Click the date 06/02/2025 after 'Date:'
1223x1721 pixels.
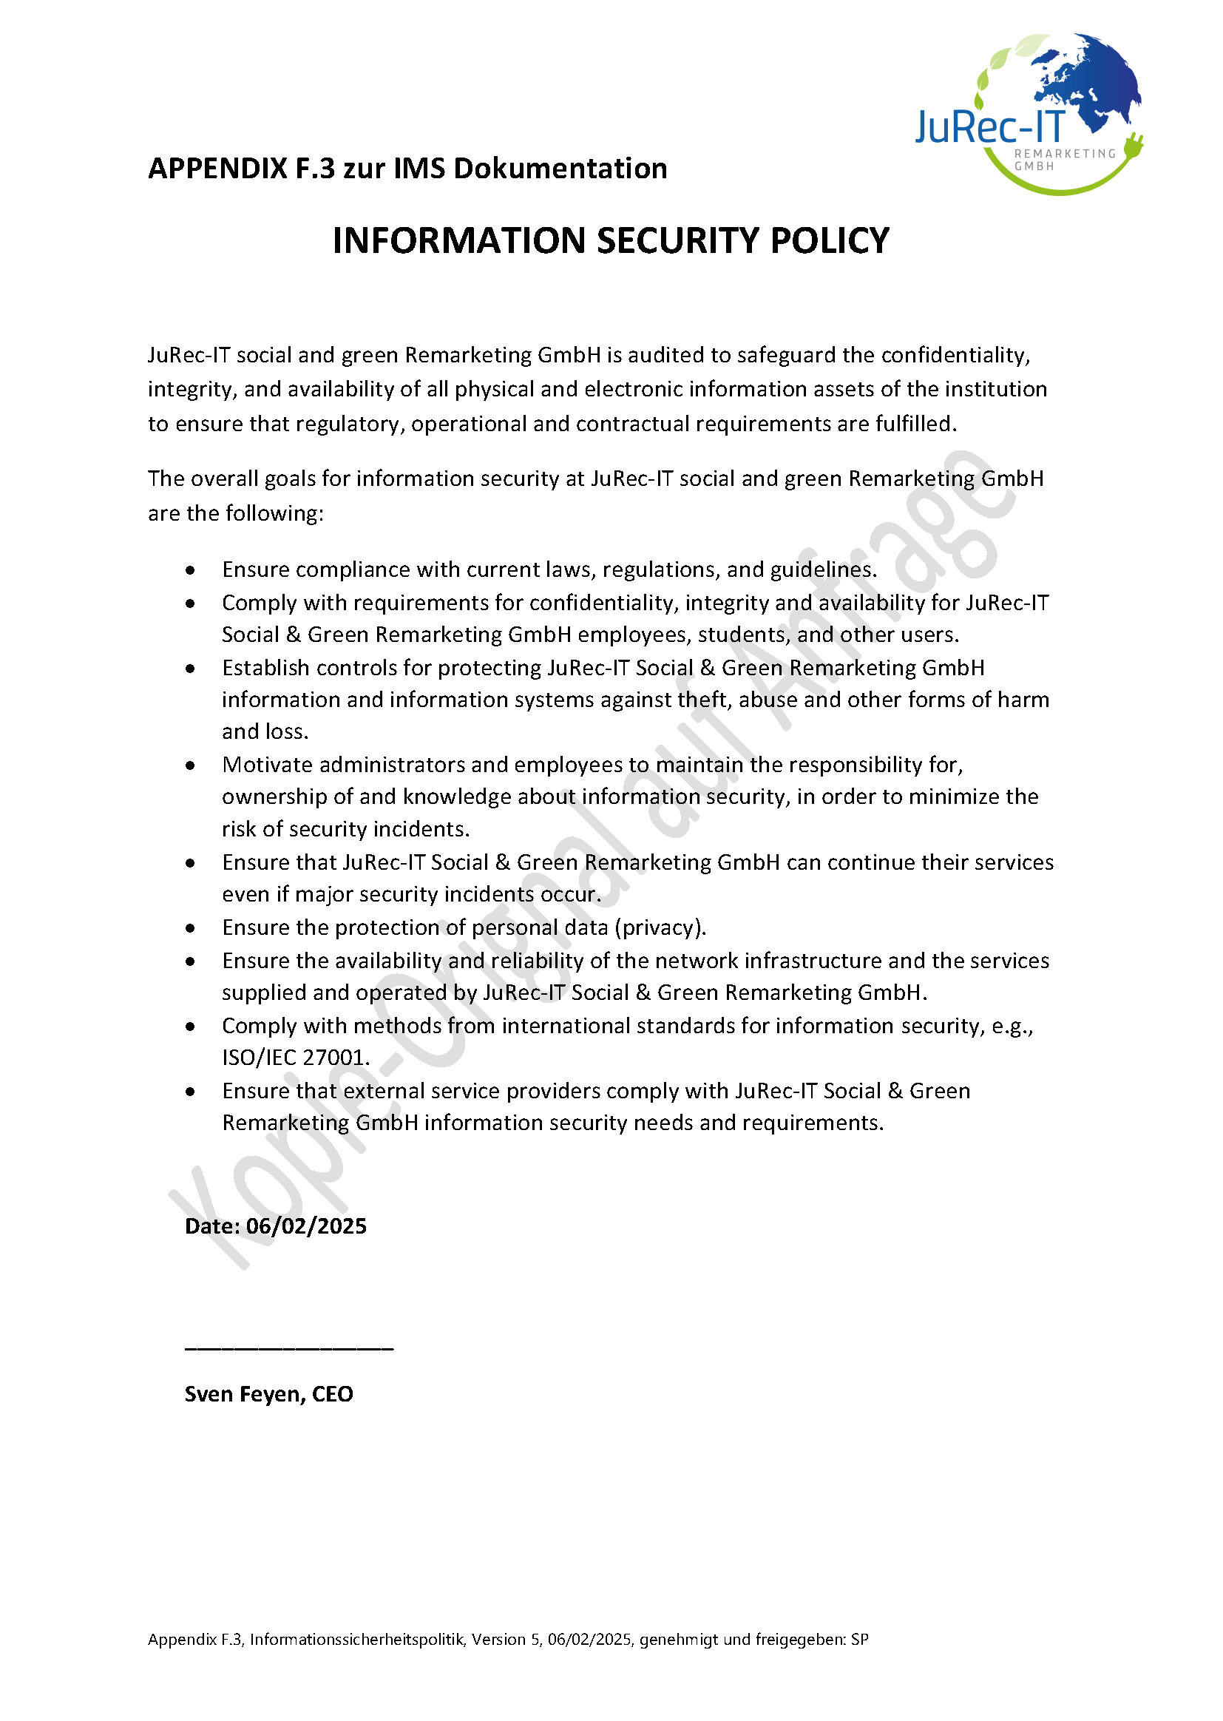tap(307, 1226)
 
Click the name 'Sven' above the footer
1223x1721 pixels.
tap(208, 1394)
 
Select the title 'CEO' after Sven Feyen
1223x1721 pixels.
tap(332, 1394)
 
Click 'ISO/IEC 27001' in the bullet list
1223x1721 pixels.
tap(294, 1058)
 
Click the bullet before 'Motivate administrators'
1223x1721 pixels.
tap(191, 765)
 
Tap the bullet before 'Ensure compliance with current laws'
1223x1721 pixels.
tap(191, 570)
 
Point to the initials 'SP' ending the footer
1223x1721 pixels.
tap(859, 1640)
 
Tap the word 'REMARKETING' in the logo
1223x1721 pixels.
tap(1065, 154)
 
